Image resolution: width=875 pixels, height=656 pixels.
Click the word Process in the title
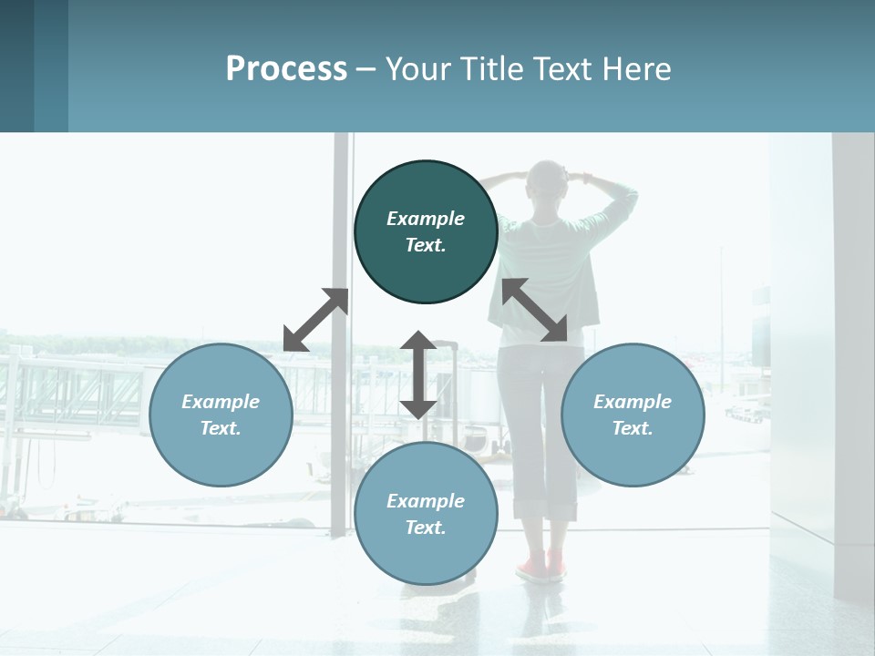point(286,69)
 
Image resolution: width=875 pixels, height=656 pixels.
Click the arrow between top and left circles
point(316,320)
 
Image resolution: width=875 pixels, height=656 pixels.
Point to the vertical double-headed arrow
point(418,374)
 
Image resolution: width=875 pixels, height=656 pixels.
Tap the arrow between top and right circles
point(535,311)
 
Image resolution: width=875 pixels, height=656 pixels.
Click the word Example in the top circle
point(426,219)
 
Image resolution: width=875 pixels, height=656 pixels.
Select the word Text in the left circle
point(221,428)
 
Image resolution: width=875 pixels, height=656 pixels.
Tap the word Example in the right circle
point(633,402)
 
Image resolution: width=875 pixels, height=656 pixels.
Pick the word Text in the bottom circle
point(426,528)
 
